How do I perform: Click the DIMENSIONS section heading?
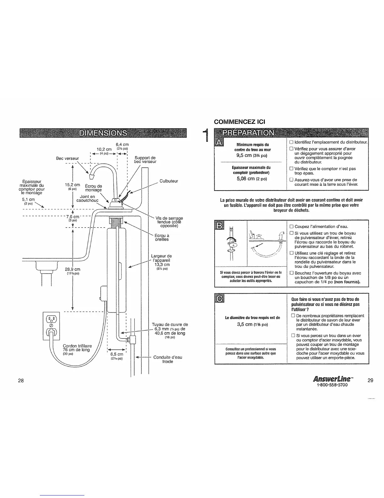tap(103, 133)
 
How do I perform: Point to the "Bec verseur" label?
tap(67, 158)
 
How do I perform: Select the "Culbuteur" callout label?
tap(169, 181)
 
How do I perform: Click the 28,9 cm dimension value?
tap(73, 269)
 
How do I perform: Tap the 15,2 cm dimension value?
tap(73, 185)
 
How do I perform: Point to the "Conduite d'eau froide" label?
tap(168, 359)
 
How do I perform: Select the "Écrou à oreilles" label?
tap(162, 237)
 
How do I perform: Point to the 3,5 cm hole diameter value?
tap(253, 324)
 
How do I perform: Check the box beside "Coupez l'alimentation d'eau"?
tap(291, 226)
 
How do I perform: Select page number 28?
tap(21, 381)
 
